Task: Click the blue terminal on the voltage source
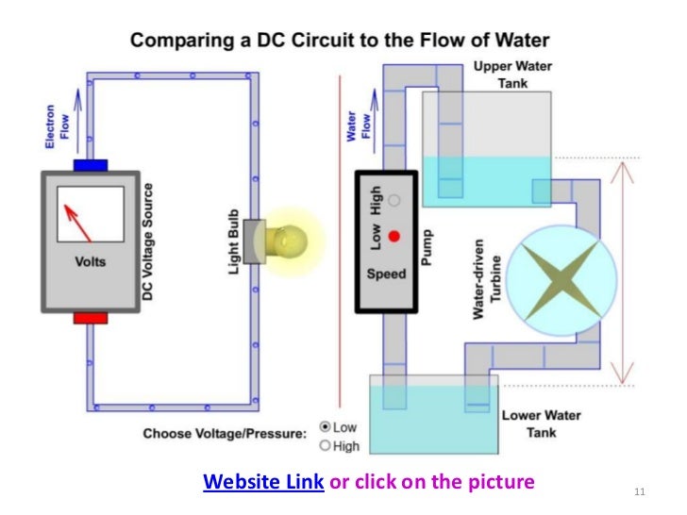[x=91, y=165]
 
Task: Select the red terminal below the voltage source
[x=91, y=319]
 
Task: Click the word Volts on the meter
[x=91, y=261]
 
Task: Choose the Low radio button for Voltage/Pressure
[x=327, y=426]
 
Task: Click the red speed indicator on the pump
[x=394, y=236]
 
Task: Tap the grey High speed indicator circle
[x=394, y=200]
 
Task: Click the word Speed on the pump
[x=386, y=274]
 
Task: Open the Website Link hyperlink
[x=264, y=483]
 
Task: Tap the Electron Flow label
[x=58, y=127]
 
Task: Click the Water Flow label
[x=358, y=127]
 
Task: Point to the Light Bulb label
[x=232, y=243]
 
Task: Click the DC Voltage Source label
[x=147, y=243]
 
